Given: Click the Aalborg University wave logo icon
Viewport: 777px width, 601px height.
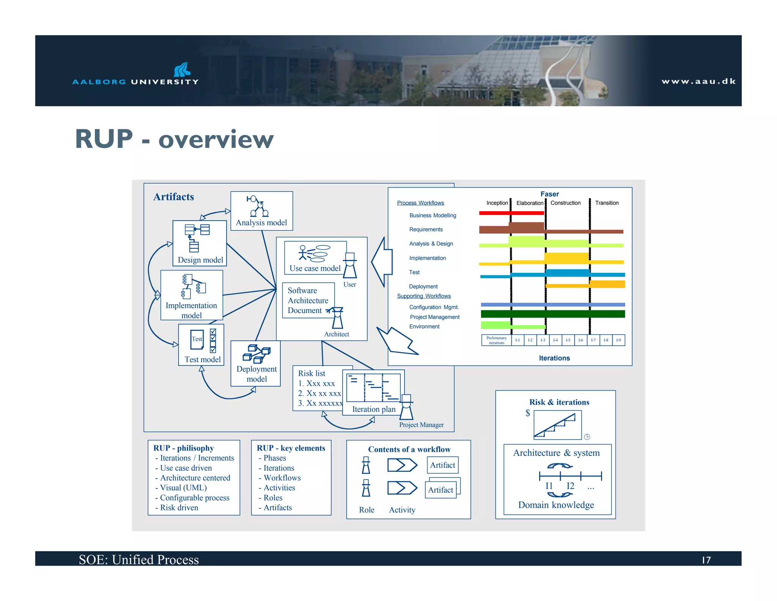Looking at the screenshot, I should [x=182, y=70].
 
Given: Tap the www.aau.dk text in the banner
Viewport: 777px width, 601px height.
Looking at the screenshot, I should [x=698, y=81].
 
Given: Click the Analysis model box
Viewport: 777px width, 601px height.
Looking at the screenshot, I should [x=261, y=211].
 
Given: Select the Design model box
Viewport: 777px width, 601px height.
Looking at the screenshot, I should [x=200, y=243].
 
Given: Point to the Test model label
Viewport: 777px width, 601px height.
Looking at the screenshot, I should [x=202, y=359].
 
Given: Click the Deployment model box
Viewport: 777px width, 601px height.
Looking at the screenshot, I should [x=256, y=364].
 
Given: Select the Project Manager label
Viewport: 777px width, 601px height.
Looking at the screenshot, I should [x=421, y=425].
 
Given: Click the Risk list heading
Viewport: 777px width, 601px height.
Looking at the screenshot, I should [x=311, y=373].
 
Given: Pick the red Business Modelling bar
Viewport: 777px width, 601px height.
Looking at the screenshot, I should [x=511, y=213].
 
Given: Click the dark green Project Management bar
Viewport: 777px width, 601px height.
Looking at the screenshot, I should [x=552, y=314].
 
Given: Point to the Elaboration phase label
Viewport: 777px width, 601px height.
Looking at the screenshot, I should [x=529, y=203].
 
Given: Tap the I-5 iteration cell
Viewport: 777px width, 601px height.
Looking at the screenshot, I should [x=568, y=340].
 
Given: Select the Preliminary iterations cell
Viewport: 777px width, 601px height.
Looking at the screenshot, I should [x=496, y=340].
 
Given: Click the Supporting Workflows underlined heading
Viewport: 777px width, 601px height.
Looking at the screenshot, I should [x=424, y=296].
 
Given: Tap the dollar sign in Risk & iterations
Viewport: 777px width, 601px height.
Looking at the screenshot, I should [x=527, y=413].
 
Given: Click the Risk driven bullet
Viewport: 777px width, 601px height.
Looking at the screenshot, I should [x=179, y=508].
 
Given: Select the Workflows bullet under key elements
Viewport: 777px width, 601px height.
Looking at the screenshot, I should [x=282, y=478].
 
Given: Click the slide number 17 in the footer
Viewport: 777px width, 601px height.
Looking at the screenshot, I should [x=706, y=560].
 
